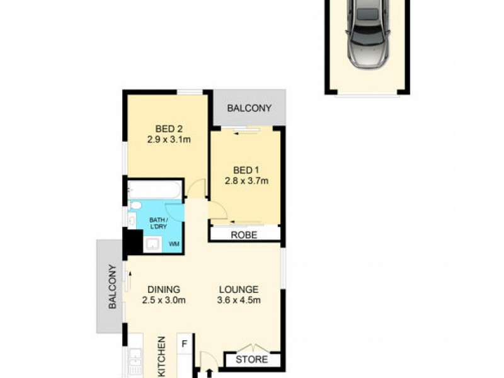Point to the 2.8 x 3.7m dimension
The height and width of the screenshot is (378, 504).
246,181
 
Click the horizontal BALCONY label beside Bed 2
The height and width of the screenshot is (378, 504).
249,108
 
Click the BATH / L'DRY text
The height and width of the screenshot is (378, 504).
157,223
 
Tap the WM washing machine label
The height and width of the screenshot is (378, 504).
174,243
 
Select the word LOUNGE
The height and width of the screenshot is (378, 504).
238,289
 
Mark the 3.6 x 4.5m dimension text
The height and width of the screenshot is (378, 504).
238,301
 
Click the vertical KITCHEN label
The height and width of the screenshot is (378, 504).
161,356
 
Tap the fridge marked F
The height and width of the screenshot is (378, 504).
185,344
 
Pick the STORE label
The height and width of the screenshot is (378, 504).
252,360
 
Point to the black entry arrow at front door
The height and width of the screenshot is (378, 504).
209,374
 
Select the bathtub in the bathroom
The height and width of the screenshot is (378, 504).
155,190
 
